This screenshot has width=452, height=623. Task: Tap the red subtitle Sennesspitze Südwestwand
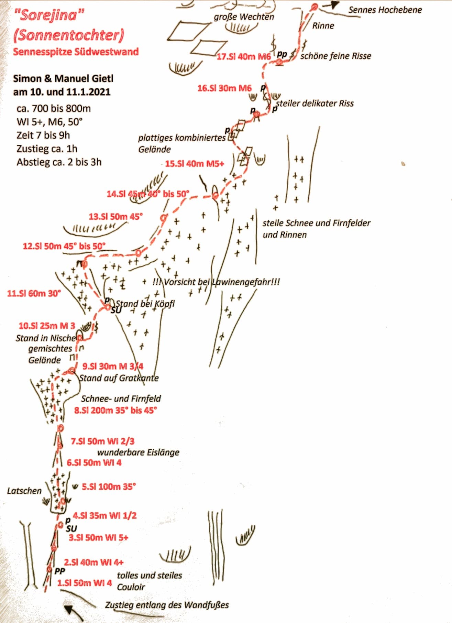76,52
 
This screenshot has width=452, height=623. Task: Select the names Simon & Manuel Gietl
63,79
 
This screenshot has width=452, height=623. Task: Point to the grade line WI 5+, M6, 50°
50,122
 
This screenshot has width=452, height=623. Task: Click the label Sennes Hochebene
385,10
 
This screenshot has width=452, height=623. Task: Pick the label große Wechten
244,17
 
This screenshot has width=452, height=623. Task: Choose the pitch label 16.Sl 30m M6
224,88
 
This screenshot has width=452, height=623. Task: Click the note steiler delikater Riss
315,103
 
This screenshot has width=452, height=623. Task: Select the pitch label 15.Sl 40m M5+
195,164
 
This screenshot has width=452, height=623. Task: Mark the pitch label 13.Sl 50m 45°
116,217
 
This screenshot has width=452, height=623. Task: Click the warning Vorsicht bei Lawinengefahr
216,282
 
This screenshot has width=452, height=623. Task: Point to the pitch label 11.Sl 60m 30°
34,293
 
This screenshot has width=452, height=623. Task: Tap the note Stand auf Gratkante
119,378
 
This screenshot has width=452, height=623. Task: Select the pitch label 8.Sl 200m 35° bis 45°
116,410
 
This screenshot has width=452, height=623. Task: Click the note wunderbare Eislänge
139,452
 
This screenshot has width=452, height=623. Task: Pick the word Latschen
24,491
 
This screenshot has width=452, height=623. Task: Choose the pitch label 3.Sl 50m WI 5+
99,537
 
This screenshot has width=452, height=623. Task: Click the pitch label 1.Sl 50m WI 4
85,583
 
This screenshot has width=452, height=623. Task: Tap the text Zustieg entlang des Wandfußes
167,605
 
